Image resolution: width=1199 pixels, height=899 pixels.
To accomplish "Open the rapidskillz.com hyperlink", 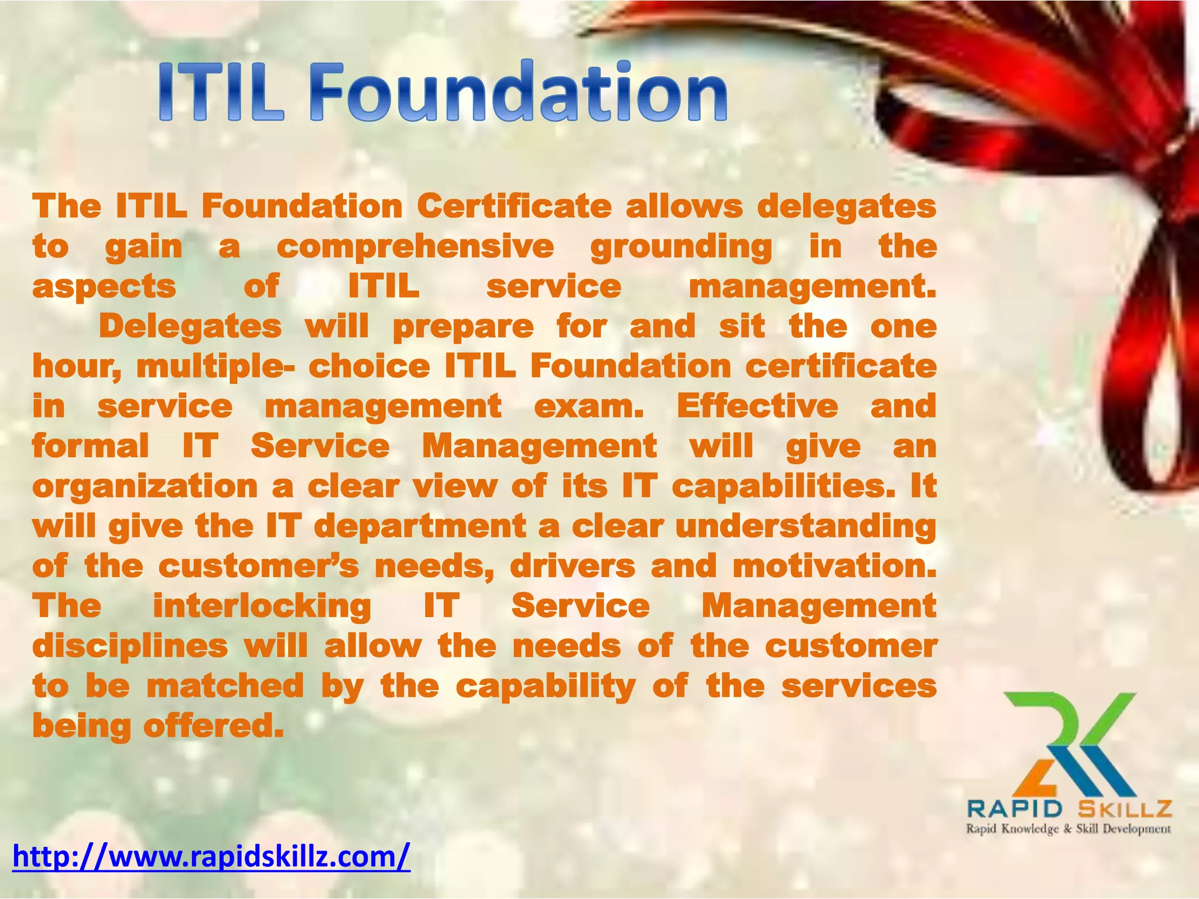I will tap(211, 856).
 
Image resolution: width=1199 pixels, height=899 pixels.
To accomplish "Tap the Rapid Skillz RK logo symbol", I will tap(1069, 743).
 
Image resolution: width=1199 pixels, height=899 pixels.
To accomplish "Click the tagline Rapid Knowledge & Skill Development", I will tap(1068, 829).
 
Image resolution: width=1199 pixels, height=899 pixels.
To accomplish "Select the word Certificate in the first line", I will tap(514, 206).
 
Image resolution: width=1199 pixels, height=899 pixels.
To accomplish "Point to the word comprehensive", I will tap(415, 246).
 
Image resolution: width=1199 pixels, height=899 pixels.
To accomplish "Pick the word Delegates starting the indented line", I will tap(190, 327).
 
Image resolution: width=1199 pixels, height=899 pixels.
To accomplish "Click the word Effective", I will tap(758, 406).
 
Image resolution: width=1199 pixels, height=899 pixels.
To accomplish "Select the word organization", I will tap(145, 487).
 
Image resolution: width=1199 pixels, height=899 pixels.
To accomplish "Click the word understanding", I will tap(806, 527).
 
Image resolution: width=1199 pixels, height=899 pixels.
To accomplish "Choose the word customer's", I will tap(258, 567).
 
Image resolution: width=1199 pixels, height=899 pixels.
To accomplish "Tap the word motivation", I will tap(834, 567).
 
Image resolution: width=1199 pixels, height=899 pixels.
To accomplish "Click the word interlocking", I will tap(262, 606).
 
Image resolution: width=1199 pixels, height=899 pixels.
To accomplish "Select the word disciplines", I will tap(130, 647).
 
